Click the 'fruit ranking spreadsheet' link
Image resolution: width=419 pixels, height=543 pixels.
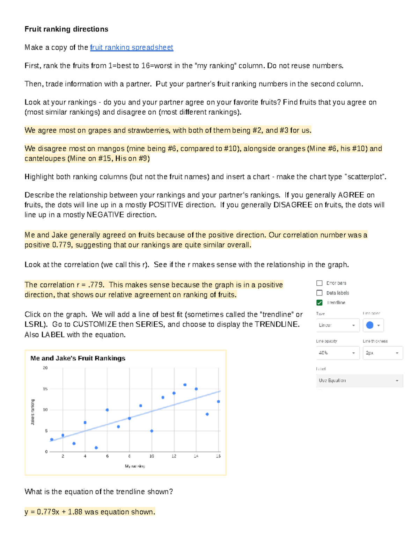(131, 48)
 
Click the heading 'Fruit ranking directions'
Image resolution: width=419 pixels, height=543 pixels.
(66, 29)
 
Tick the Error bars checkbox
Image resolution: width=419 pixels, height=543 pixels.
(319, 283)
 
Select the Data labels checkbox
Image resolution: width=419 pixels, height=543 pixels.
(319, 293)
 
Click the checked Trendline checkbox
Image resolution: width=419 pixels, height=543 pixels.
(319, 303)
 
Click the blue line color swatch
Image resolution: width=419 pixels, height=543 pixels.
(370, 325)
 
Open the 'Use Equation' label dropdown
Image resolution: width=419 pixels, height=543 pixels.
(359, 380)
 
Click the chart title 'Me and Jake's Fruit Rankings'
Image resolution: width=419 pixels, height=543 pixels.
(78, 358)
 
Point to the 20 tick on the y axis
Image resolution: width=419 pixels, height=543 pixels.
(45, 368)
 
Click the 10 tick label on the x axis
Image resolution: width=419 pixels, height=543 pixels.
(152, 456)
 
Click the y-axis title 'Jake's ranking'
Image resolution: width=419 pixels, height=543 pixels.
(33, 412)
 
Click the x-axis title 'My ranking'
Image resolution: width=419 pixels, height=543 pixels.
(135, 466)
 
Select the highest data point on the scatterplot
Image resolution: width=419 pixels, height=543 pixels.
(185, 385)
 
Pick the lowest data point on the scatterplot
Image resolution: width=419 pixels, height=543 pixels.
(96, 448)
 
